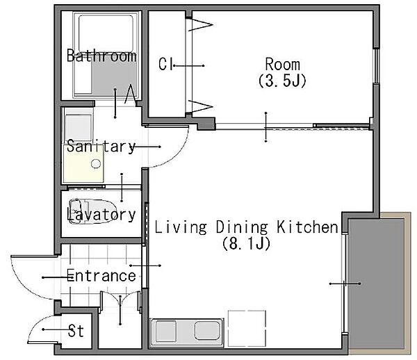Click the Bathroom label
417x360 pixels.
click(101, 56)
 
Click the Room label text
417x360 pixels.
click(283, 65)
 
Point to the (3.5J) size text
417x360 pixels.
click(282, 81)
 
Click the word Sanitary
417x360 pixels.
click(101, 146)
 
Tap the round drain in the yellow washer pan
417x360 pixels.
click(96, 163)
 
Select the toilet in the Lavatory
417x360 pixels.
click(92, 211)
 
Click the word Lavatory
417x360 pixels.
click(101, 215)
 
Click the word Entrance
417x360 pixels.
click(101, 275)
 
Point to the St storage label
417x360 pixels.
click(76, 331)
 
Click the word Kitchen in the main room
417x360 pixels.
click(307, 227)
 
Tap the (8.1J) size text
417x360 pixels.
click(246, 243)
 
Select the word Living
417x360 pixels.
click(181, 227)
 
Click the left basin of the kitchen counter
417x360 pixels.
click(165, 331)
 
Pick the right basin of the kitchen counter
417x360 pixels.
click(207, 331)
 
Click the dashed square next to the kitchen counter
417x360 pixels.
click(247, 328)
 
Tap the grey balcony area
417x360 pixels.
click(376, 284)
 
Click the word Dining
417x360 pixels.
click(241, 227)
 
